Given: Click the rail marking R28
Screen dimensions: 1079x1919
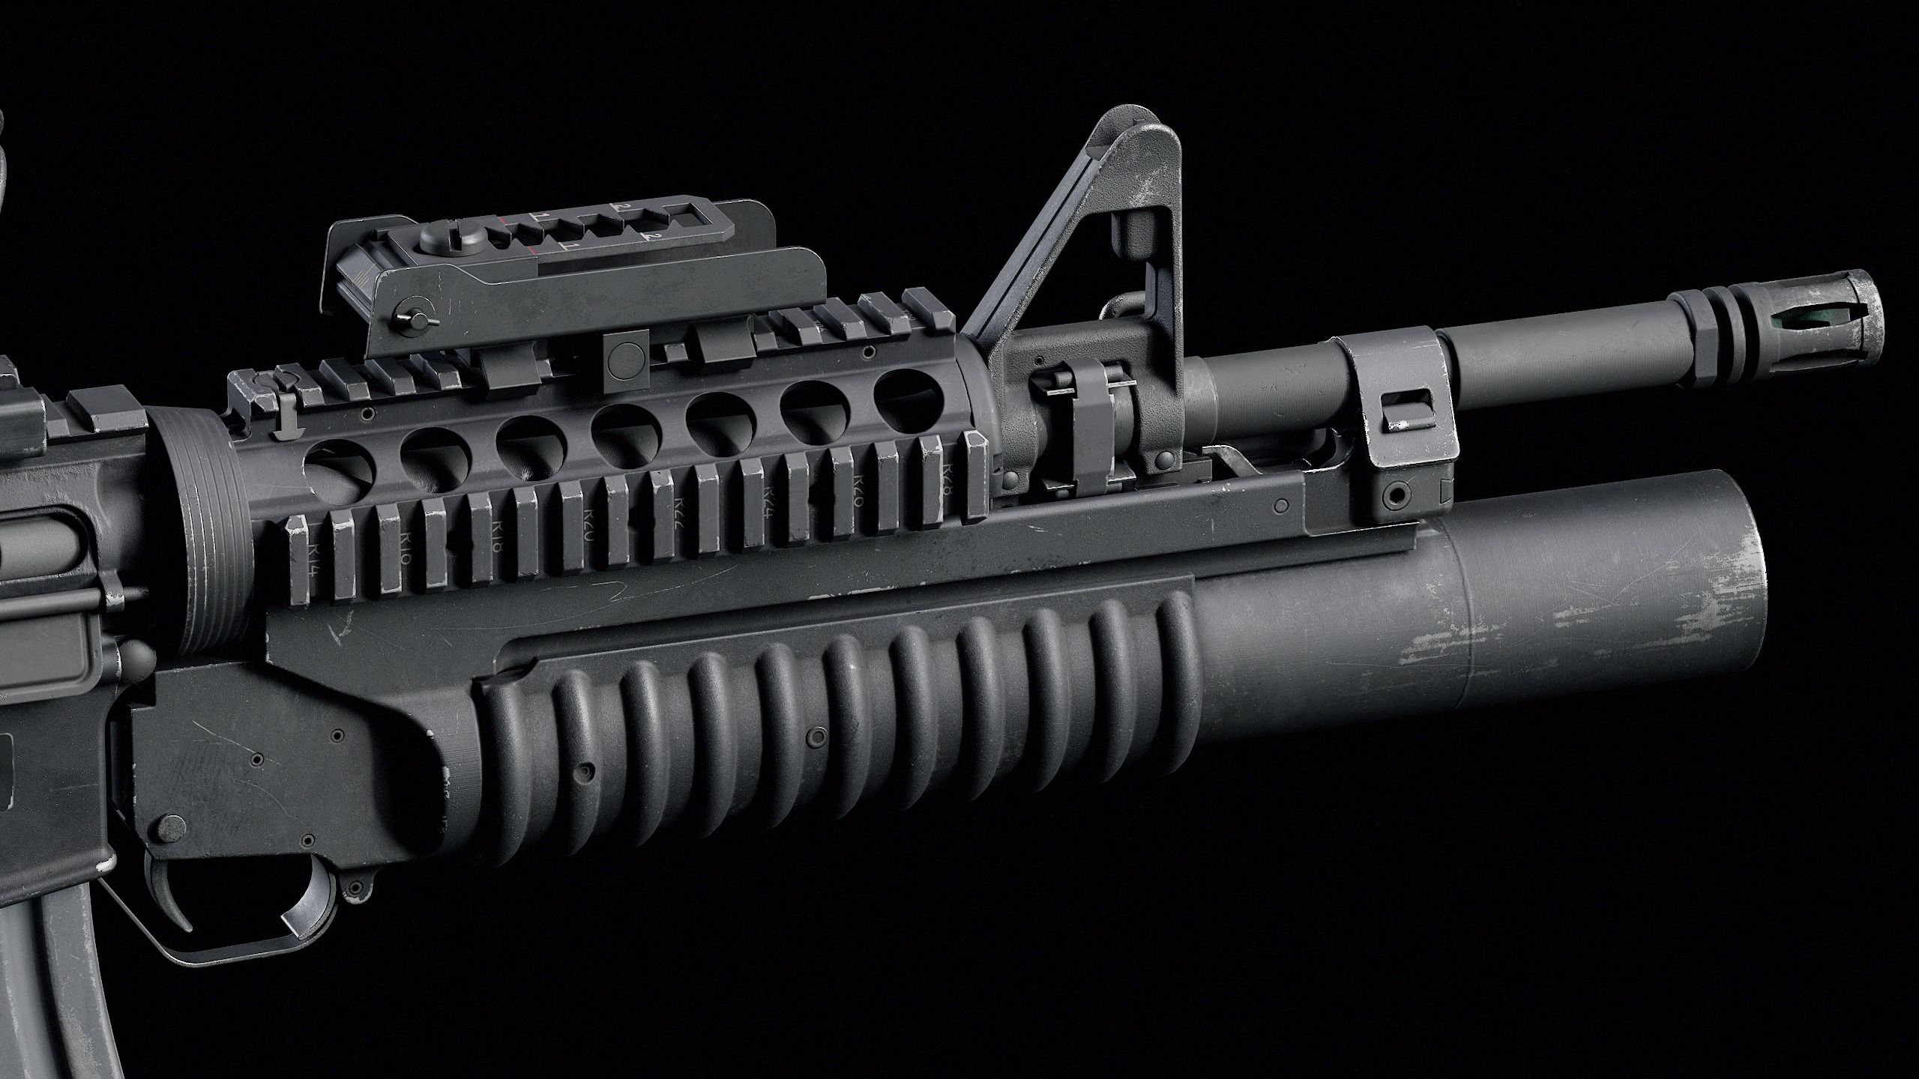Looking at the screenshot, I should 946,477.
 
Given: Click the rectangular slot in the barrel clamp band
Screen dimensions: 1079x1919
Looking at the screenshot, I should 1398,411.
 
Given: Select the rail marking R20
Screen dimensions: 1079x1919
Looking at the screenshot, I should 588,516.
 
